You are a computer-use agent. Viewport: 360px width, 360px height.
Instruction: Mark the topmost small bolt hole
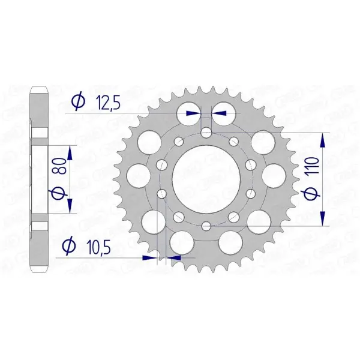click(206, 133)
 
